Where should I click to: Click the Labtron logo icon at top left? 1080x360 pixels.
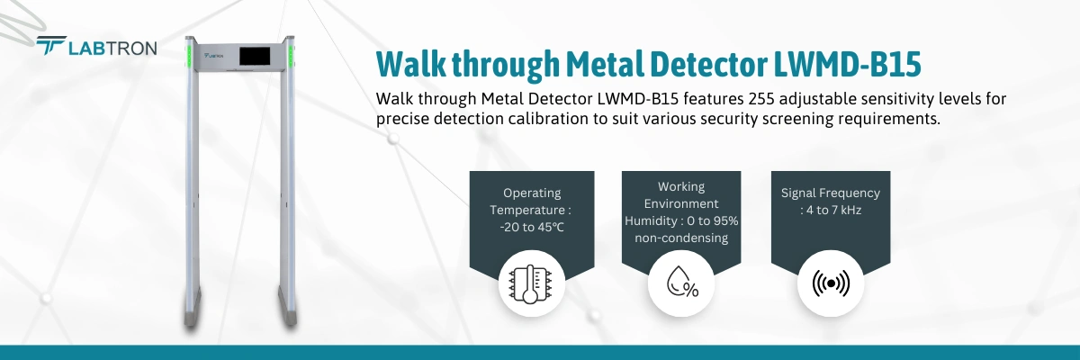pyautogui.click(x=51, y=45)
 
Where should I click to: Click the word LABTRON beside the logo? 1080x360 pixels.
pyautogui.click(x=112, y=49)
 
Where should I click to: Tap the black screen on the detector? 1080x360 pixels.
pyautogui.click(x=255, y=57)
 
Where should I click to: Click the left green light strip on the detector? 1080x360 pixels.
pyautogui.click(x=190, y=56)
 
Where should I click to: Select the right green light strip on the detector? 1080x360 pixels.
pyautogui.click(x=291, y=56)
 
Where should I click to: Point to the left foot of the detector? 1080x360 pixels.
pyautogui.click(x=193, y=308)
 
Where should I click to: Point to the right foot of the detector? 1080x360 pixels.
pyautogui.click(x=288, y=308)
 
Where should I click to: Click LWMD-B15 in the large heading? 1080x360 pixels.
pyautogui.click(x=847, y=64)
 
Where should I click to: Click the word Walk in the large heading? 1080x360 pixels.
pyautogui.click(x=411, y=64)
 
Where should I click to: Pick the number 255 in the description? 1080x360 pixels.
pyautogui.click(x=761, y=99)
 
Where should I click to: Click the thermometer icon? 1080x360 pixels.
pyautogui.click(x=530, y=283)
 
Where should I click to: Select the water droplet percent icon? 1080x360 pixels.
pyautogui.click(x=682, y=282)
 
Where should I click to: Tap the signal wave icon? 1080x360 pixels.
pyautogui.click(x=831, y=283)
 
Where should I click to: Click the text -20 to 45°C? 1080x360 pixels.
pyautogui.click(x=531, y=227)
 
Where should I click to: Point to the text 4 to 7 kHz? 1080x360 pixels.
pyautogui.click(x=833, y=210)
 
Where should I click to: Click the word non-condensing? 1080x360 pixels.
pyautogui.click(x=681, y=238)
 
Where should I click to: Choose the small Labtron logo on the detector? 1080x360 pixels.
pyautogui.click(x=213, y=56)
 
